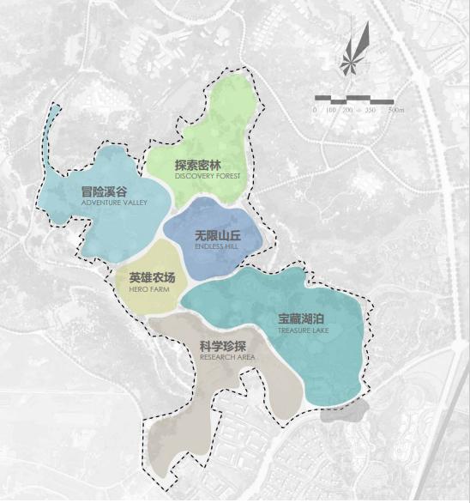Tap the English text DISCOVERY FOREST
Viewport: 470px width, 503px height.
point(208,177)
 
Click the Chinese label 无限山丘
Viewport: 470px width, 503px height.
point(217,234)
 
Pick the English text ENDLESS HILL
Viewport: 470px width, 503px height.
point(216,246)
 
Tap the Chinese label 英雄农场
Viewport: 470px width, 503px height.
point(152,278)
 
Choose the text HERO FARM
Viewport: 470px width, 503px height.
point(149,290)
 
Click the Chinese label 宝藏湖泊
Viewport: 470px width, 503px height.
point(300,317)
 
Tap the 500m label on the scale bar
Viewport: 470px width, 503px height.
point(395,111)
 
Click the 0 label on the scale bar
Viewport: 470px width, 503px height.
point(315,111)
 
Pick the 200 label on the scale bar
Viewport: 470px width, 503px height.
point(349,111)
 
